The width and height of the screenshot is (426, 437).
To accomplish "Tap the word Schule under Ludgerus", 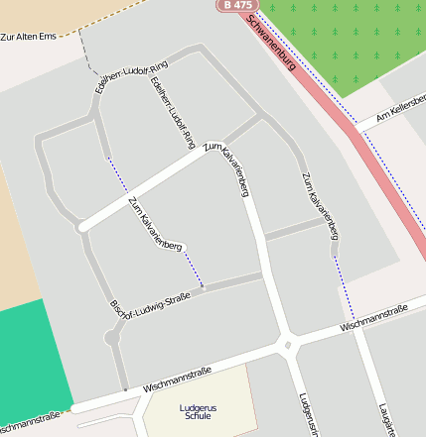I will click(x=198, y=416).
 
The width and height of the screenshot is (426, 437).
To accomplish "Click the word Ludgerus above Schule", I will click(x=198, y=407).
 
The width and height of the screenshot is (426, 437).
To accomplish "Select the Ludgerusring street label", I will click(x=306, y=415).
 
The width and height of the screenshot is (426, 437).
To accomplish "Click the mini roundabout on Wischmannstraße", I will click(x=287, y=346).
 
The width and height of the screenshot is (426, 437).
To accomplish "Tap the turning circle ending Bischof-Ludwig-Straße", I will click(x=111, y=338).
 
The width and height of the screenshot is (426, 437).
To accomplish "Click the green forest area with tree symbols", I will click(x=348, y=40).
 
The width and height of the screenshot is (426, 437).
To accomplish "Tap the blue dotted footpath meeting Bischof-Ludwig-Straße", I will click(x=193, y=269).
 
